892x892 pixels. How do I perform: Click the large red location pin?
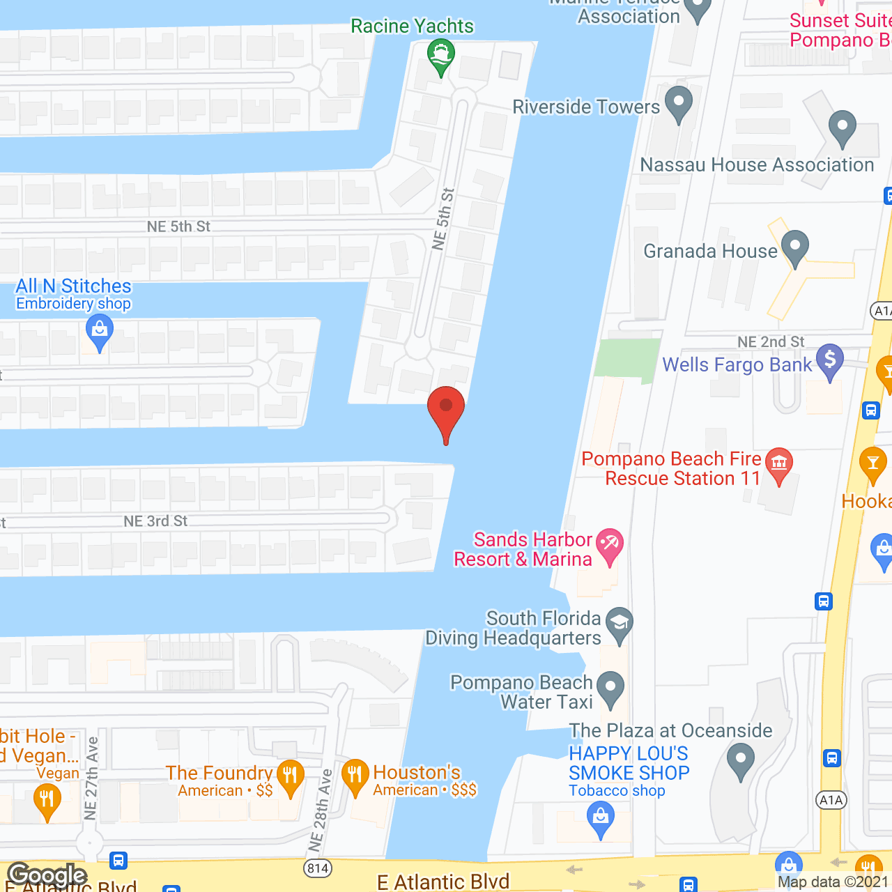pyautogui.click(x=446, y=411)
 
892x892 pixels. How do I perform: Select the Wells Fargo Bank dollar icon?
pyautogui.click(x=830, y=361)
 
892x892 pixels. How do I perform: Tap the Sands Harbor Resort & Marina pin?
pyautogui.click(x=610, y=546)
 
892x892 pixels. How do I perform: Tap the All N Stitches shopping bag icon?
pyautogui.click(x=100, y=331)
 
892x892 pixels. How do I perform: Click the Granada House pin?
pyautogui.click(x=794, y=247)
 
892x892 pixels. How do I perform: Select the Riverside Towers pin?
pyautogui.click(x=679, y=102)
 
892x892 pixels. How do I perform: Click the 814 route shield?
pyautogui.click(x=318, y=868)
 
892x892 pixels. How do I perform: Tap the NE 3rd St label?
pyautogui.click(x=155, y=521)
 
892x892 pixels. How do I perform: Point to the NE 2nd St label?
pyautogui.click(x=771, y=341)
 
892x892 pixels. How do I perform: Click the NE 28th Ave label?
pyautogui.click(x=320, y=810)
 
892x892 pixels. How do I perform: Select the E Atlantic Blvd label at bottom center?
pyautogui.click(x=443, y=882)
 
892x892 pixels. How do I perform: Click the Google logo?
pyautogui.click(x=47, y=875)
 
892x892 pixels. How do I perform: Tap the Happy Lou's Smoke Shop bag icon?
pyautogui.click(x=600, y=817)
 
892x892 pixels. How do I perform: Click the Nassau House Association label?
pyautogui.click(x=757, y=164)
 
